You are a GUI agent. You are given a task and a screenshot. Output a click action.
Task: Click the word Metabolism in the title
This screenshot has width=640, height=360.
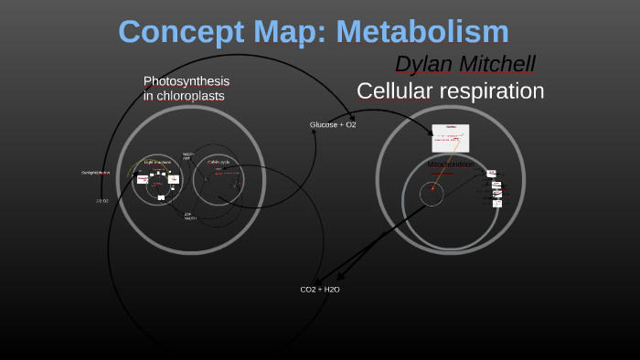point(422,32)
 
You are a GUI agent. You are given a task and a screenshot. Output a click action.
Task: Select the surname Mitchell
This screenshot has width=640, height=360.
point(499,64)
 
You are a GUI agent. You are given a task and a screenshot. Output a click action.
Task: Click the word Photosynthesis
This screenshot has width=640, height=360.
point(187,81)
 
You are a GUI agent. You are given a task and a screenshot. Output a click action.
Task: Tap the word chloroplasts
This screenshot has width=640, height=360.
point(190,96)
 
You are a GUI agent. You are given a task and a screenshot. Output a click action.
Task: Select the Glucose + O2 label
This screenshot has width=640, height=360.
point(333,124)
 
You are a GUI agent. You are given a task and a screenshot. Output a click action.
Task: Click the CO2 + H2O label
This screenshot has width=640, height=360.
point(320,290)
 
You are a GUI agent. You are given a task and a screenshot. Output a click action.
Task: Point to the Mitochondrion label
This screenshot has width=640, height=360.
point(451,164)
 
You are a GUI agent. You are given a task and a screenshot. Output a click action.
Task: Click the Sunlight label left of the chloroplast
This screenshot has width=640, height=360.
point(94,173)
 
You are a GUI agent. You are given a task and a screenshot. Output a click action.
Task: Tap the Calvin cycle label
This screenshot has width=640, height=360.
point(219,162)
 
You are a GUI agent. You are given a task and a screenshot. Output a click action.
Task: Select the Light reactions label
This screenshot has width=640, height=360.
point(157,162)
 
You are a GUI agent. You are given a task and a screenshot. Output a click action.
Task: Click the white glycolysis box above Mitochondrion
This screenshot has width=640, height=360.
point(451,138)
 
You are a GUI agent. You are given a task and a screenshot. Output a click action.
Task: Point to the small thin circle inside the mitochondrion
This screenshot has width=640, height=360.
point(432,194)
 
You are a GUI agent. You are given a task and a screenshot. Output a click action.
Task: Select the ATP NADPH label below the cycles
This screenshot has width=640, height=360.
point(188,217)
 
